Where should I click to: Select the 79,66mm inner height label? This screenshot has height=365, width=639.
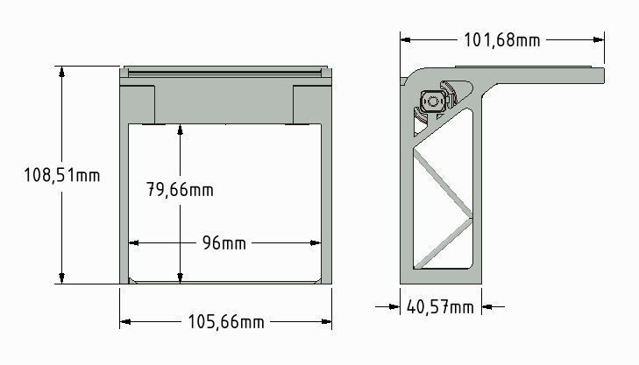[x=179, y=189]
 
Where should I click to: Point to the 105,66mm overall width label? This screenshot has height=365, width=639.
[x=226, y=322]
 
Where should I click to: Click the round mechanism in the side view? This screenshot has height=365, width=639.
[x=432, y=101]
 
